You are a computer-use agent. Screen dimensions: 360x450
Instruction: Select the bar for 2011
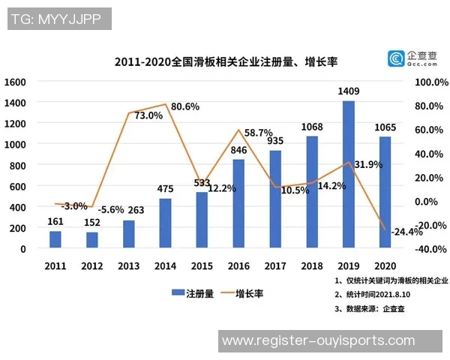(55, 239)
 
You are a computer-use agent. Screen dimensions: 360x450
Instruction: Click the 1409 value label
(348, 92)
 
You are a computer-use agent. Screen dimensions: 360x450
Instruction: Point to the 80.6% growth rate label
(185, 106)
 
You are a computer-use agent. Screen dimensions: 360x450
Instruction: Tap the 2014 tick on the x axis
(165, 265)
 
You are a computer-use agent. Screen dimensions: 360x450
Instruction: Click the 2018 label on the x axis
(311, 265)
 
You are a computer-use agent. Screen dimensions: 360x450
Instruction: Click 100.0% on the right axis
(430, 82)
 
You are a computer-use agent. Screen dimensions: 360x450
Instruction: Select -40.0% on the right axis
(430, 249)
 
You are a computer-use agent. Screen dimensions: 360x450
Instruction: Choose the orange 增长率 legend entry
(248, 294)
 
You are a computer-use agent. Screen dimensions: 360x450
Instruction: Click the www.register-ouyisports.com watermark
(319, 340)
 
